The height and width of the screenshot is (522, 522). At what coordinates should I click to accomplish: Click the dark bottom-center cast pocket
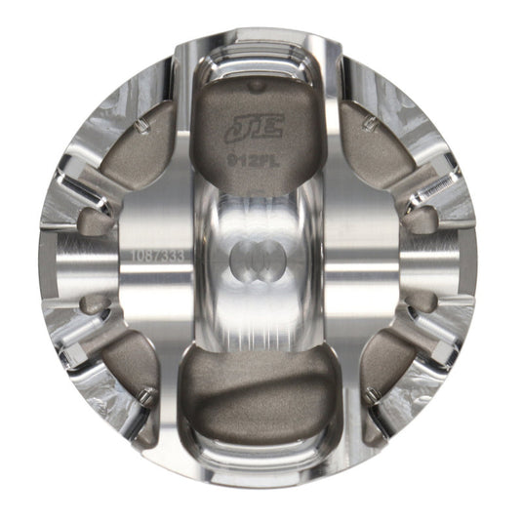pyautogui.click(x=258, y=390)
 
